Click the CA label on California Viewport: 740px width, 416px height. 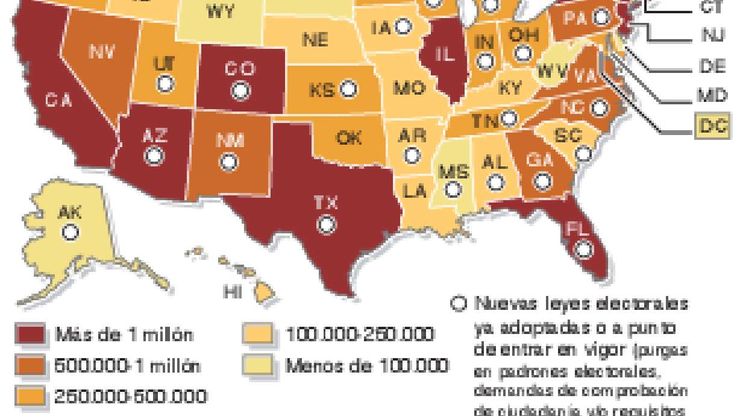pos(58,101)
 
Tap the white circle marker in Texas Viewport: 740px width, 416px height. pos(327,225)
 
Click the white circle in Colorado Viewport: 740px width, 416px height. pos(241,91)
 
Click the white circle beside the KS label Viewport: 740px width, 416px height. pos(348,90)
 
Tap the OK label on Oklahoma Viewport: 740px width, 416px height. pos(349,138)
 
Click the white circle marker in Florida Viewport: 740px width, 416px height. pos(583,248)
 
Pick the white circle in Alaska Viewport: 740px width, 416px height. pos(72,232)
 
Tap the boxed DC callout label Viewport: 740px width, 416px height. pos(713,125)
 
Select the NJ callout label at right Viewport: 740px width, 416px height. pos(713,36)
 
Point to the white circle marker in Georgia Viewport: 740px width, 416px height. pos(543,180)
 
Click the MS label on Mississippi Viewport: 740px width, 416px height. pos(454,172)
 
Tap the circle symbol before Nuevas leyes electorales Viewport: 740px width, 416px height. pos(459,303)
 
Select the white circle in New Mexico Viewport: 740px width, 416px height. pos(228,162)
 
